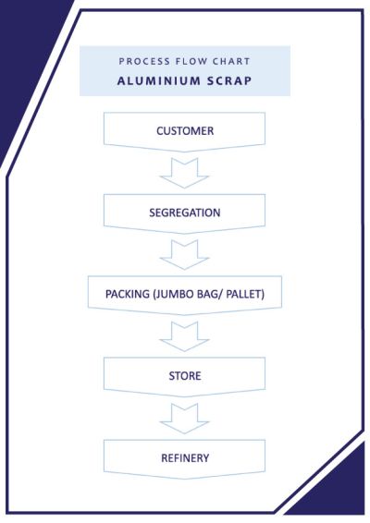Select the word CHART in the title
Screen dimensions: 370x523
tap(231, 61)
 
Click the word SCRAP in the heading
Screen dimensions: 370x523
tap(229, 81)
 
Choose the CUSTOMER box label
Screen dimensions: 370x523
tap(185, 131)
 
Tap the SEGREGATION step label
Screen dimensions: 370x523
tap(185, 213)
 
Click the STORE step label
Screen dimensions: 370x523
tap(185, 376)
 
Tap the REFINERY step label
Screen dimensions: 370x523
tap(185, 458)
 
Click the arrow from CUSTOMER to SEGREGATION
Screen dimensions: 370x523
tap(184, 174)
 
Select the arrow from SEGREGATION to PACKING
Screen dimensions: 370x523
tap(184, 255)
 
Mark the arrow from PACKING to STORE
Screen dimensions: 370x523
tap(184, 337)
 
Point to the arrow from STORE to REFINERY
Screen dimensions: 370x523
tap(184, 419)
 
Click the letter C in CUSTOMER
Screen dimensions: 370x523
tap(160, 131)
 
